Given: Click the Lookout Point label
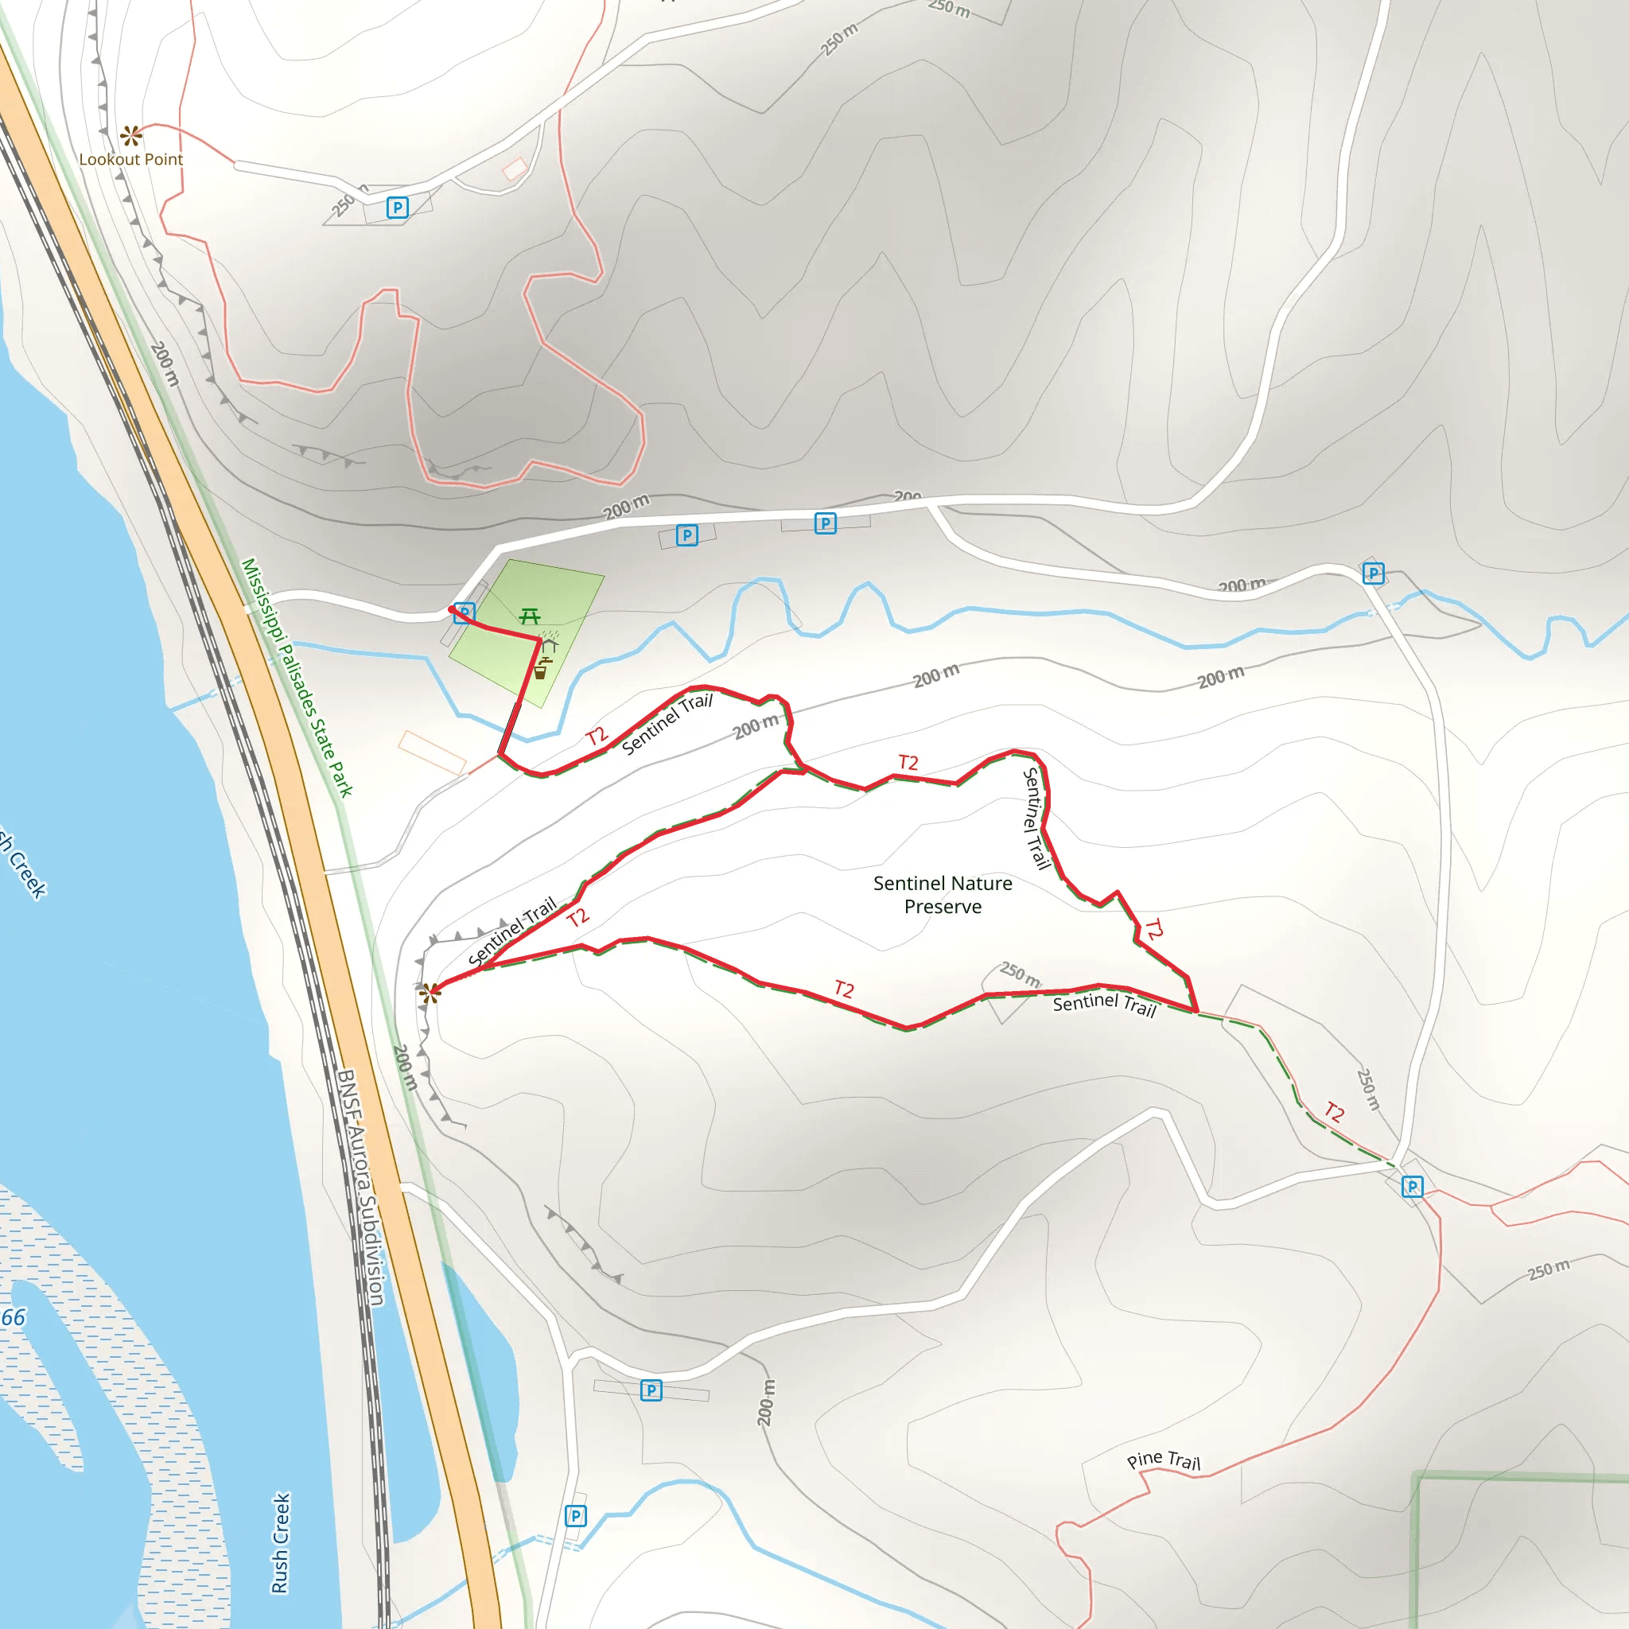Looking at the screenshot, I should (130, 159).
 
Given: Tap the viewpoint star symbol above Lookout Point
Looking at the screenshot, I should (130, 135).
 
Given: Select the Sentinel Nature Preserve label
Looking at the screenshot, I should (943, 895).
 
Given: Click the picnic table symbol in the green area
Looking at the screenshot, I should (530, 616).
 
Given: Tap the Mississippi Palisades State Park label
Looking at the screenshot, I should (297, 677).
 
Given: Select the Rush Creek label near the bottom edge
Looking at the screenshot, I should (281, 1543).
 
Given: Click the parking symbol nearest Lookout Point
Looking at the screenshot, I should (397, 208).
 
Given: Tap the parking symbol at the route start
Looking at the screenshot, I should (464, 614).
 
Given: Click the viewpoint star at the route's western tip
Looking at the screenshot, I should (430, 993).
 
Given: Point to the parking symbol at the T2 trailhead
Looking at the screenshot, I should (1413, 1188).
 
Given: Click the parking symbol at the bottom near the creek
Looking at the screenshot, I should (575, 1516).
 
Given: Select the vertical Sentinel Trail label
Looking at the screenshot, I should (1036, 818).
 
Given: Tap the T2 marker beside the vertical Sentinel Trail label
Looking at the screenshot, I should (1153, 928).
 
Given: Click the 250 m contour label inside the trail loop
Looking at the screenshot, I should (1021, 974).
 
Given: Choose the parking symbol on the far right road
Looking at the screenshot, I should (1374, 574).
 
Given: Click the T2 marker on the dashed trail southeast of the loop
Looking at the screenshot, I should (1334, 1112).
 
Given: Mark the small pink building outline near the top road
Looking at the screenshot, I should (515, 169).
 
